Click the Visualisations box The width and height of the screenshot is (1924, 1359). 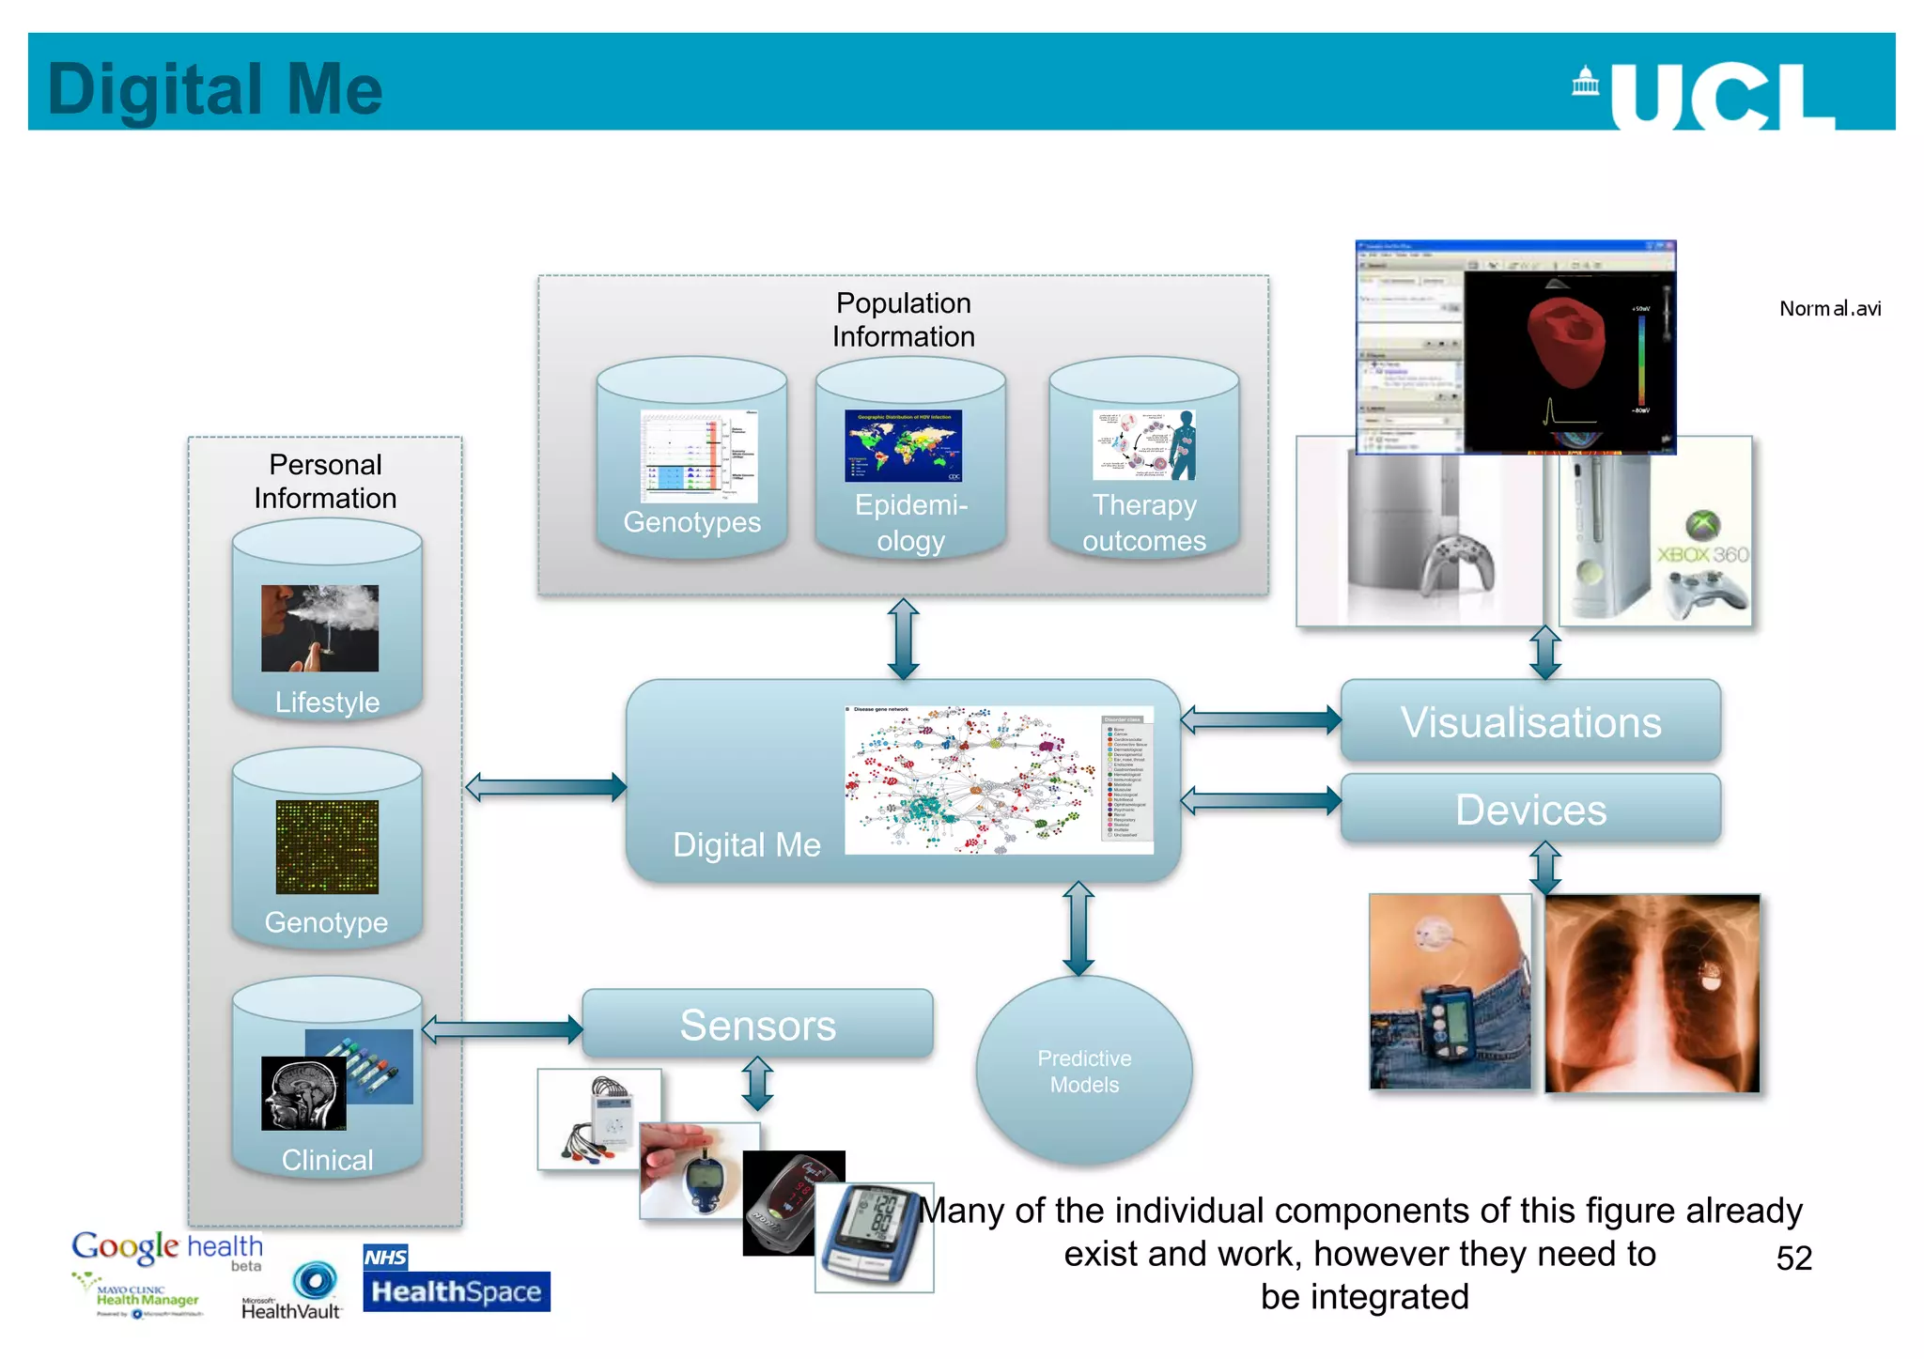tap(1530, 721)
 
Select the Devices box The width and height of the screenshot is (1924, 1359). tap(1530, 809)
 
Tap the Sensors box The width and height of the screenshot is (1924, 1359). tap(757, 1024)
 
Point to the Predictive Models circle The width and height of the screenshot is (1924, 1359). tap(1084, 1071)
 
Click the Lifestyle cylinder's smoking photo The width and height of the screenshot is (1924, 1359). tap(319, 627)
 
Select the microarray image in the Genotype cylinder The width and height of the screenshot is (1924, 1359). tap(327, 846)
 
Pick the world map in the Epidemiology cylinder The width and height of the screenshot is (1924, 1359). tap(903, 445)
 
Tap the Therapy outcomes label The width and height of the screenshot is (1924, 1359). tap(1143, 523)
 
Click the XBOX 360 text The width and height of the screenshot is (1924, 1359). tap(1702, 554)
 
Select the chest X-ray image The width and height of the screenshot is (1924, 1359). tap(1652, 993)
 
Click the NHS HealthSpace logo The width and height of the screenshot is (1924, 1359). tap(456, 1279)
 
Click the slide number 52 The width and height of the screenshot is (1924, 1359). tap(1793, 1258)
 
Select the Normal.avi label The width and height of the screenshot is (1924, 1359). tap(1829, 308)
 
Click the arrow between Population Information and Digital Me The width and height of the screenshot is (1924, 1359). tap(903, 639)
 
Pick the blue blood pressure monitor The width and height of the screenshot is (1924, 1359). tap(872, 1235)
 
